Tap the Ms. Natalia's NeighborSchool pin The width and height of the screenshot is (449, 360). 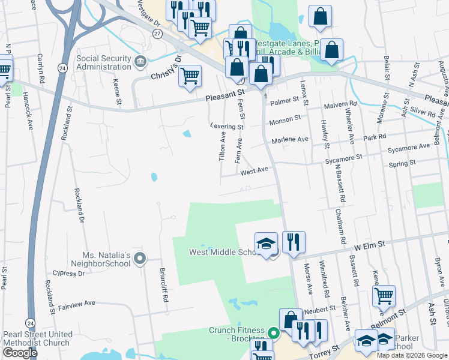point(140,259)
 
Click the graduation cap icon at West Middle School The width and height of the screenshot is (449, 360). point(266,243)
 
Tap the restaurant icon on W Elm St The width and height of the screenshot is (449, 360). point(294,242)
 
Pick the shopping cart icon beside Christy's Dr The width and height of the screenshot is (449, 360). point(190,76)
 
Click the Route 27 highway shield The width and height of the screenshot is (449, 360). point(157,35)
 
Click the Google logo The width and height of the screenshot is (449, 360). point(20,353)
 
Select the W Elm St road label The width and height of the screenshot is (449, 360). point(368,245)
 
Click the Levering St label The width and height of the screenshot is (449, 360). point(227,127)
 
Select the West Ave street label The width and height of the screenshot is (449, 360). point(253,172)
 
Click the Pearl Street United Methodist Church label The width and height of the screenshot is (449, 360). point(38,338)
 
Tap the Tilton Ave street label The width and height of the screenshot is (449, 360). point(223,148)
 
